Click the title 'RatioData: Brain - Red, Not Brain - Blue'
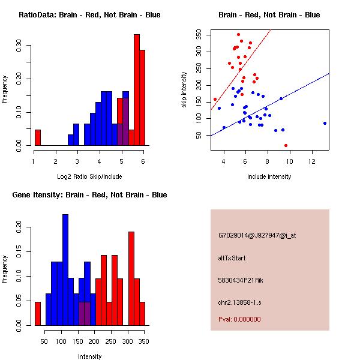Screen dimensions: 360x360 [89, 15]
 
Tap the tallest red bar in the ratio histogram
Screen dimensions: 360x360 [136, 90]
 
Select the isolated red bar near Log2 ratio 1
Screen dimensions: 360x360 [38, 137]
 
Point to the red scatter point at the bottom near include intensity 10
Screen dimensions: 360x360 [286, 145]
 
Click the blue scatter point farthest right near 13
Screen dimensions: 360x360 [325, 123]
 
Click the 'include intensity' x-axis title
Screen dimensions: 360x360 [269, 176]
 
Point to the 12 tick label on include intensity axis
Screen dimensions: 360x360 [312, 162]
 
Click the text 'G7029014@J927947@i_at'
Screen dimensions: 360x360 [257, 235]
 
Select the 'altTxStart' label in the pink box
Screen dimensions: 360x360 [232, 258]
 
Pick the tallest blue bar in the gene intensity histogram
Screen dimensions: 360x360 [65, 270]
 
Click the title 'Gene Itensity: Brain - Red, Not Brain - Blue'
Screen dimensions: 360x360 [89, 195]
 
